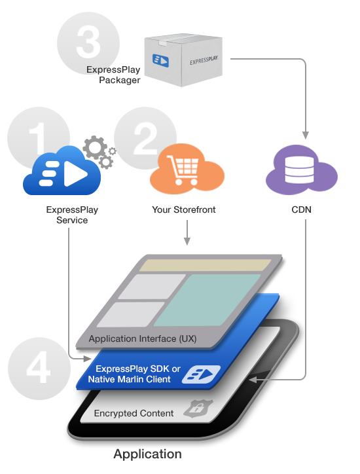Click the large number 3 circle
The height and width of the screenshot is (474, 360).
pos(88,43)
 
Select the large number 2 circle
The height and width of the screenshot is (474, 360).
pos(145,138)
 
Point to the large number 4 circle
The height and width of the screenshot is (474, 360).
pos(39,369)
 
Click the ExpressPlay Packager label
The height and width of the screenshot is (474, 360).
pos(113,75)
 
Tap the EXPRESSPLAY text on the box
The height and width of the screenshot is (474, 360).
pos(204,60)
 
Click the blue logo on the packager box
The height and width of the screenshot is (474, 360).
pos(160,60)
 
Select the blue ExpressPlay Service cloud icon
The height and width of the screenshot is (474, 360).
pos(62,171)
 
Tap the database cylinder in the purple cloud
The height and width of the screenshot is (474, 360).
pos(299,170)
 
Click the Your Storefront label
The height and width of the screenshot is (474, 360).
pos(184,210)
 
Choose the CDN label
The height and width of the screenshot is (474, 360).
pos(301,210)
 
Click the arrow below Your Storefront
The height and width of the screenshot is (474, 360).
pos(187,232)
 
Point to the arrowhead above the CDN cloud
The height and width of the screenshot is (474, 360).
pos(306,135)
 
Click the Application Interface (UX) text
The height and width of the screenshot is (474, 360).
pos(143,338)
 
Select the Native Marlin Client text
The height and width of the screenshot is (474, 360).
pos(130,379)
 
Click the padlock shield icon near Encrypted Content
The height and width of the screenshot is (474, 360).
pos(198,409)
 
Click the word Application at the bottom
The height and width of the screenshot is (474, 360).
pos(147,454)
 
